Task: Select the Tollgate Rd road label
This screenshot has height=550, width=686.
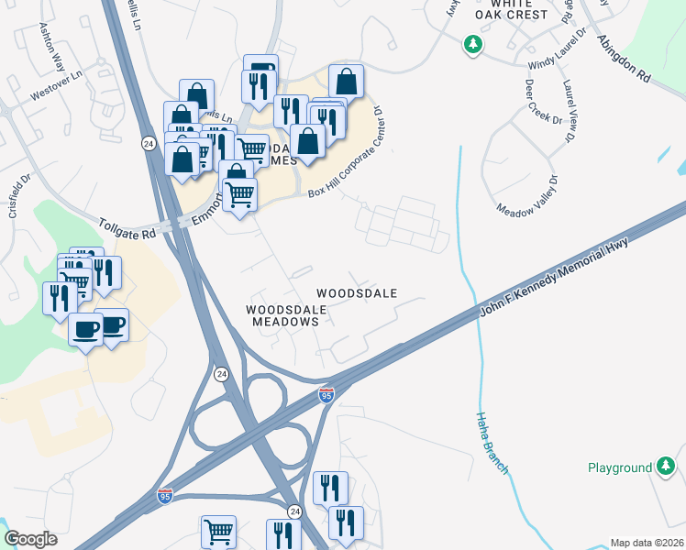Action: [127, 228]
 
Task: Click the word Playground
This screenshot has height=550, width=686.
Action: [620, 468]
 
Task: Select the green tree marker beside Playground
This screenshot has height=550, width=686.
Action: [666, 467]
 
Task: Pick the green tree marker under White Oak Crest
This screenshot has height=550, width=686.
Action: [472, 44]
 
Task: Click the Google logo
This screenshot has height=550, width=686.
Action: [29, 539]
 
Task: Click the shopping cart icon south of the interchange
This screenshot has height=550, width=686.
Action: [219, 531]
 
